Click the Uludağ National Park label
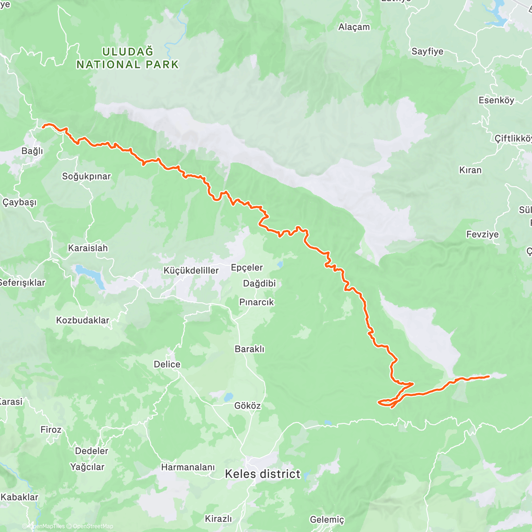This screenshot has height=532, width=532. (128, 58)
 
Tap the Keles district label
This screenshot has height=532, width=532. (262, 474)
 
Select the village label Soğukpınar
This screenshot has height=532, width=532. (86, 176)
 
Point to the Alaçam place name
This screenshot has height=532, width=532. (354, 27)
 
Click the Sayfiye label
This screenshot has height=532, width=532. (427, 51)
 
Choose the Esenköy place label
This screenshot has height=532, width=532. (496, 100)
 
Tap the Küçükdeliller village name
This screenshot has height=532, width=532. (191, 270)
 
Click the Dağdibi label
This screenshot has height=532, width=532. (259, 283)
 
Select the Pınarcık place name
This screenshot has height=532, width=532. (257, 302)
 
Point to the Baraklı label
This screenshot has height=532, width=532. (250, 349)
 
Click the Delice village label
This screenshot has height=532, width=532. (167, 364)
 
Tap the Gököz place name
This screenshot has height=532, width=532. (247, 406)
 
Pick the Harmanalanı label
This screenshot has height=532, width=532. (188, 467)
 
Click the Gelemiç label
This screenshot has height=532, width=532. (327, 520)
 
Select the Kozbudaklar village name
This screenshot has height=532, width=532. (82, 320)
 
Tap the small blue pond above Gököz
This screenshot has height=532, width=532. (228, 396)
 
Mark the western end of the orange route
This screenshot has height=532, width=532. (43, 127)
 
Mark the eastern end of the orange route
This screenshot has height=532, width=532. (488, 376)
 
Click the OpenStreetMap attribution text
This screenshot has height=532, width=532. (93, 526)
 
